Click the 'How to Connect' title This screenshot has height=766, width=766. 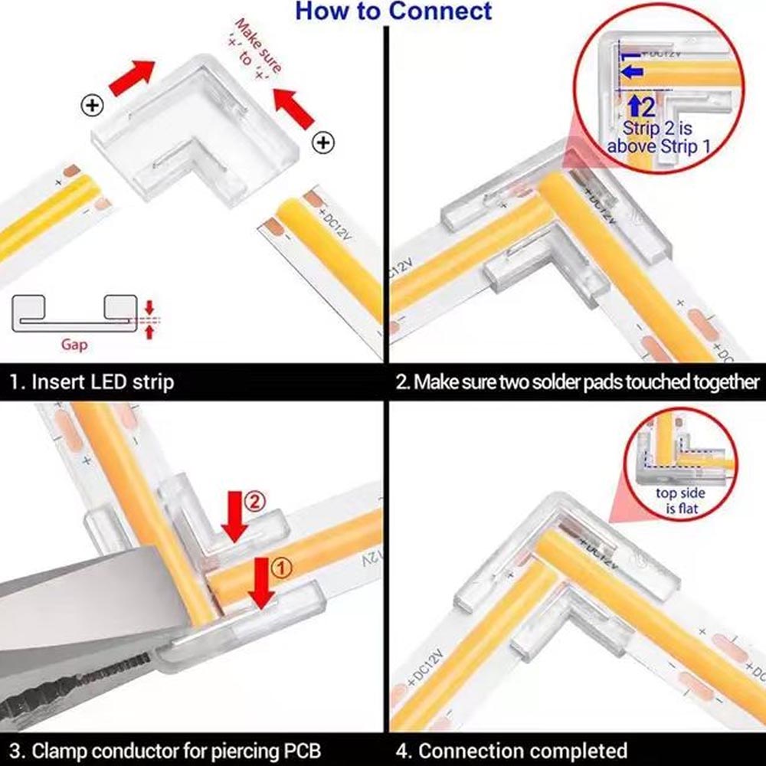click(393, 11)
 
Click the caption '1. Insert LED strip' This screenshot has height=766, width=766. click(92, 381)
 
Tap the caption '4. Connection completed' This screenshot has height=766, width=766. click(512, 751)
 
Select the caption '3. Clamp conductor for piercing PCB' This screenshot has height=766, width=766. click(165, 751)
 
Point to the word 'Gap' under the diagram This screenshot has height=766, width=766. click(74, 345)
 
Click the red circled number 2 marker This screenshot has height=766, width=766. click(254, 502)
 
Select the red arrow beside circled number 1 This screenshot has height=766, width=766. click(261, 583)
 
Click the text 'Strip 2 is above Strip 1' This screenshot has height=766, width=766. click(658, 137)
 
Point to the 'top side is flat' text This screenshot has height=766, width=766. click(680, 501)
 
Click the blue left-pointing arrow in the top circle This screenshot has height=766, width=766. click(632, 72)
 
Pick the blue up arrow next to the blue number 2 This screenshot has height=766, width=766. click(634, 106)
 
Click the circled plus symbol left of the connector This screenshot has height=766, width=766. click(92, 105)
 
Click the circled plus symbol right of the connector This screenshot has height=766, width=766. click(323, 142)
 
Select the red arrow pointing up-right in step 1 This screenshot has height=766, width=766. click(132, 77)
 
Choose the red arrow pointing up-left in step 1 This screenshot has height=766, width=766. click(293, 109)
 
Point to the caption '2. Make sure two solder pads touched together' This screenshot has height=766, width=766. click(578, 381)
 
